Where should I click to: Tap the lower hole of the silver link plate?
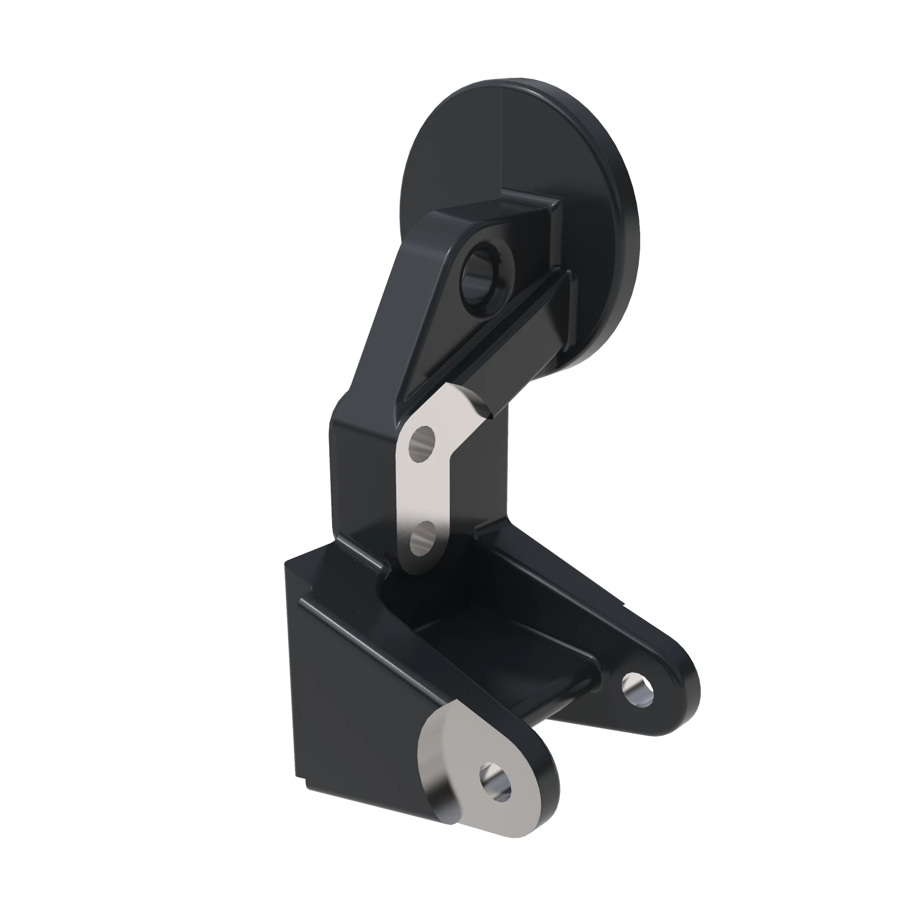pyautogui.click(x=421, y=538)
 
